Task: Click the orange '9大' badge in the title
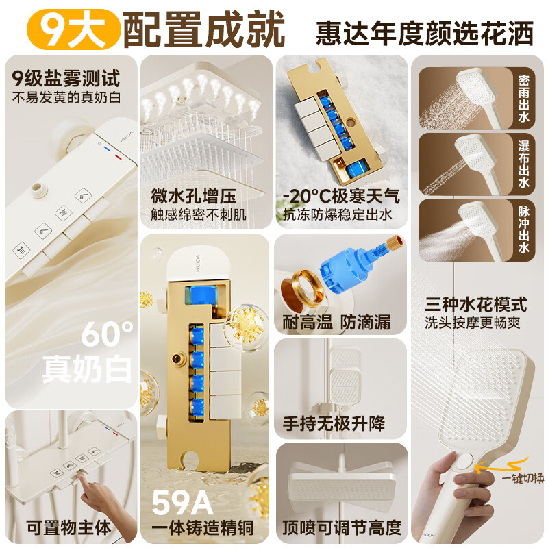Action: tap(73, 29)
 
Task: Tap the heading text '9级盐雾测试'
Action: tap(66, 78)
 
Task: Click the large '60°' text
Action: tap(107, 334)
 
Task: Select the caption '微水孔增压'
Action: tap(193, 196)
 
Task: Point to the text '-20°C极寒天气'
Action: tap(341, 196)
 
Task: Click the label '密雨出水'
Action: tap(523, 98)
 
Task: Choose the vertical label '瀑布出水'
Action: tap(523, 164)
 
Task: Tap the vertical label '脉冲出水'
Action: tap(523, 229)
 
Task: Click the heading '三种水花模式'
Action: tap(476, 304)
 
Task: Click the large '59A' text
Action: tap(182, 503)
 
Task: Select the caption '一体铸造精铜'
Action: tap(202, 527)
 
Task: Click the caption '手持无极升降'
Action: tap(334, 423)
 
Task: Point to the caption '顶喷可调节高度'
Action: tap(341, 527)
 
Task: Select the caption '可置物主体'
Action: tap(68, 527)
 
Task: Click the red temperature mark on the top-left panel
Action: tap(119, 157)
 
